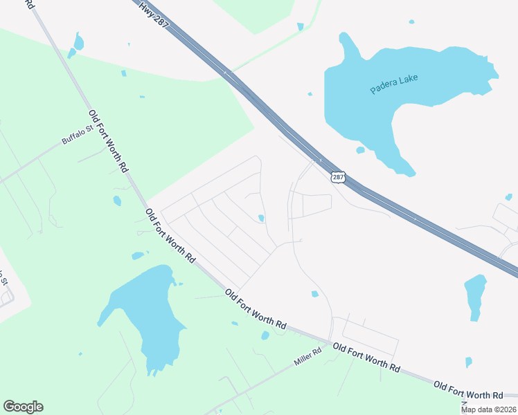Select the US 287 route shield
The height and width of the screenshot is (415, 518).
[x=337, y=178]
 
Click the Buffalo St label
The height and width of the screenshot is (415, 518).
[x=77, y=135]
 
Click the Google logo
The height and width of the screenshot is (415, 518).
[x=23, y=407]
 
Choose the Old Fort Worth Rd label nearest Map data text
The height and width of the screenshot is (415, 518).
[x=468, y=389]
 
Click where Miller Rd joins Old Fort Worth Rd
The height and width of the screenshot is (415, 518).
[x=329, y=342]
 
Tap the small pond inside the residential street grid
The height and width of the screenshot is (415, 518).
[x=261, y=219]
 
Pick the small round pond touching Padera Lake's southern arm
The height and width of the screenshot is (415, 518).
[x=360, y=150]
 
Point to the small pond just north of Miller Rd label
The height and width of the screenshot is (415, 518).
[x=265, y=335]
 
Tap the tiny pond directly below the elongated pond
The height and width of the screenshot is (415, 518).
[x=469, y=362]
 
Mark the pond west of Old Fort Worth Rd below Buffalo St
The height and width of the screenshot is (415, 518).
[x=117, y=201]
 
